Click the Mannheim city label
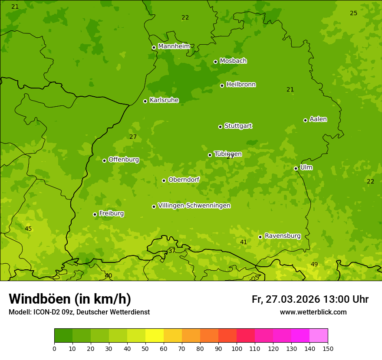[x=174, y=46]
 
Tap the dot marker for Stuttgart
[x=220, y=127]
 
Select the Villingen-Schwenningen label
[x=194, y=206]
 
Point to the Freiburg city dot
[x=95, y=214]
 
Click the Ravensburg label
[x=282, y=236]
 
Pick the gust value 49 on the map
[x=314, y=265]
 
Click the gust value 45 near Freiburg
[x=28, y=229]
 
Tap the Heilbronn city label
[x=241, y=85]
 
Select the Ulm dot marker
[x=296, y=168]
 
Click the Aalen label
[x=318, y=119]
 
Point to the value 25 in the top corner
[x=353, y=13]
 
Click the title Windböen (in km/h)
[x=70, y=299]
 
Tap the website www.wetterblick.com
[x=313, y=312]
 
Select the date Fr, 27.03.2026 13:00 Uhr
[x=310, y=299]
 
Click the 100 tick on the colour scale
[x=237, y=348]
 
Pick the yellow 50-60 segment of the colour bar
[x=155, y=336]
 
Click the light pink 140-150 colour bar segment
[x=319, y=336]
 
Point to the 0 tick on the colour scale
[x=54, y=348]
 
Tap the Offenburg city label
[x=124, y=160]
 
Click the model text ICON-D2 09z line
[x=79, y=312]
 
